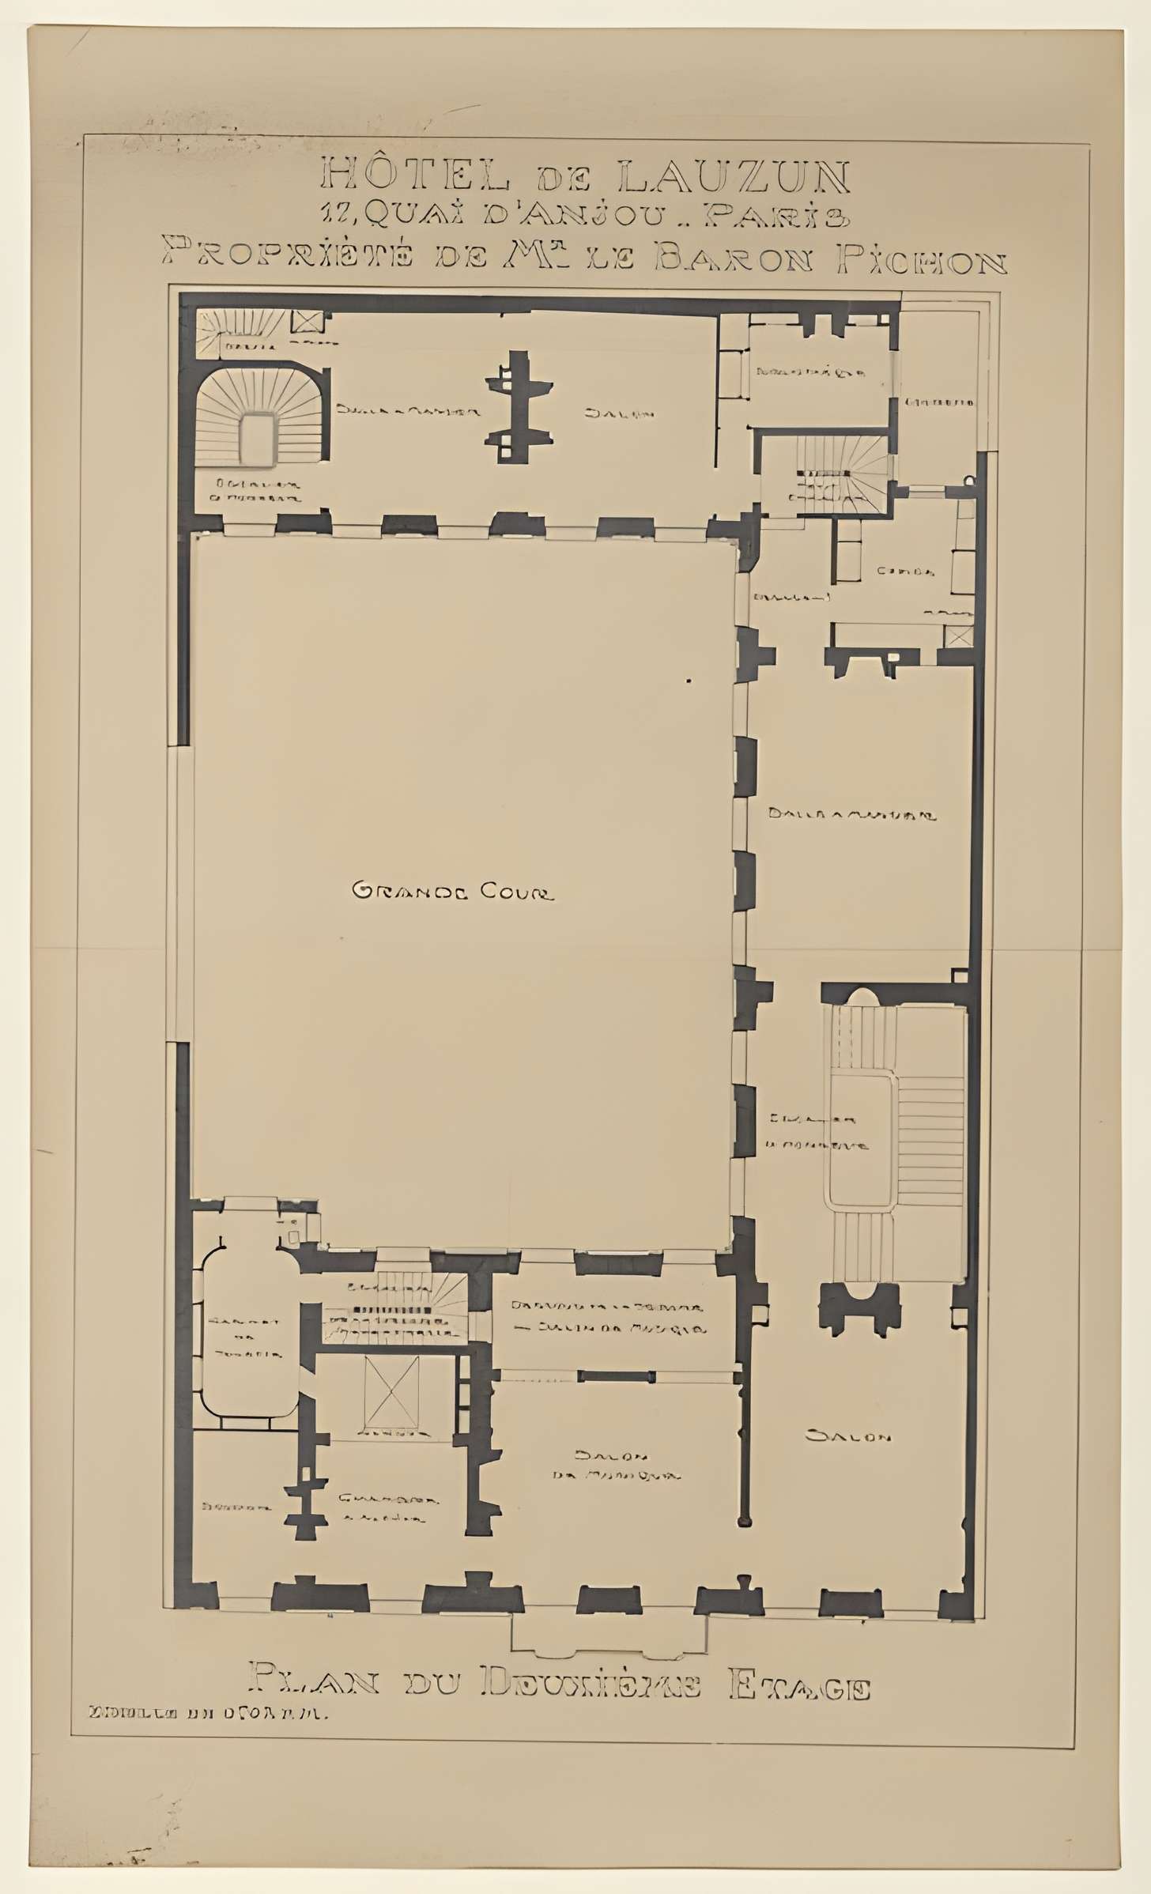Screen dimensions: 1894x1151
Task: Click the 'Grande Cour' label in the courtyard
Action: pos(452,892)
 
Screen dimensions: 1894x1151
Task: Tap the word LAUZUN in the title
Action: pos(734,177)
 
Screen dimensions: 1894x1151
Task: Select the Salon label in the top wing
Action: pos(620,413)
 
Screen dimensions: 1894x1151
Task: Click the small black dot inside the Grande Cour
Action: pos(689,680)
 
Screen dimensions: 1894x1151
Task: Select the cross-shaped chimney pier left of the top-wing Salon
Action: pos(517,405)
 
